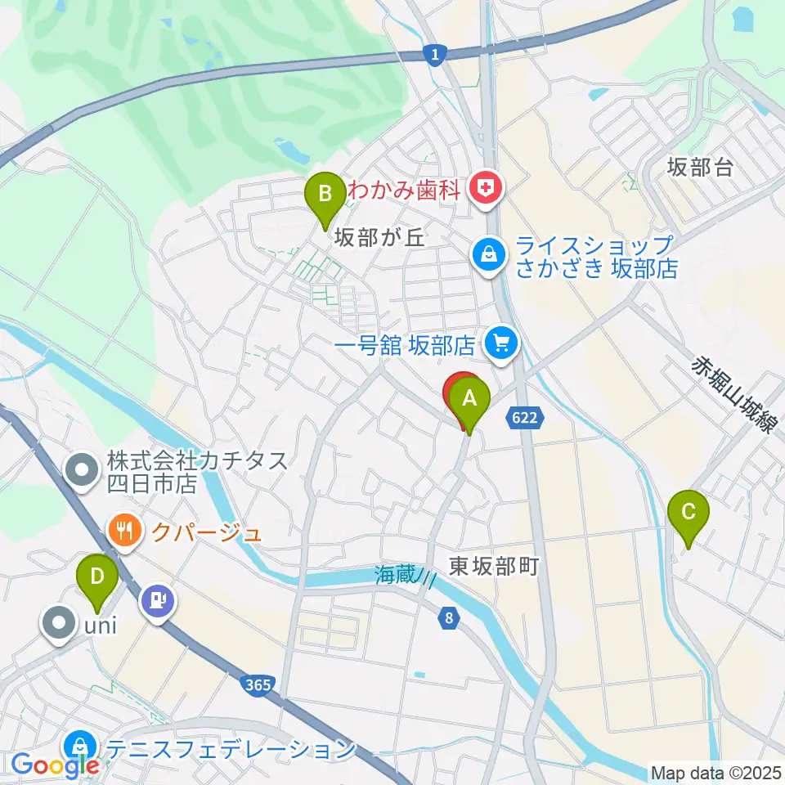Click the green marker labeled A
click(469, 400)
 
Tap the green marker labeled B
click(325, 195)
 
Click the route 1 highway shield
click(436, 54)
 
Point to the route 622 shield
click(526, 418)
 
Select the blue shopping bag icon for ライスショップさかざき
click(487, 254)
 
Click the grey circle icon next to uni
click(60, 624)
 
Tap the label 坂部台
click(699, 168)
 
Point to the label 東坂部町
click(495, 566)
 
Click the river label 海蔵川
click(403, 576)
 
